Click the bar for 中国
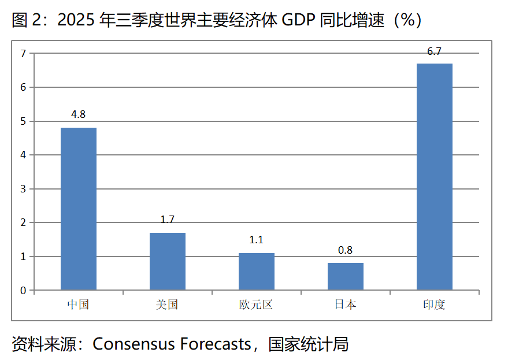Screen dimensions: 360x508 79,209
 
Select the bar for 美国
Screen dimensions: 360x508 168,261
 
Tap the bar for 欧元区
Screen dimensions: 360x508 257,272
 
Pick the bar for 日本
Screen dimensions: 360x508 346,276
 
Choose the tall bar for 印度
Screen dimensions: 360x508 435,176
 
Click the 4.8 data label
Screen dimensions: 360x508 79,114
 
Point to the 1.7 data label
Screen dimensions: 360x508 168,220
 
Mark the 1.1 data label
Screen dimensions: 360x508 257,240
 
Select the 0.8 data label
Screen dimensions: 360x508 346,250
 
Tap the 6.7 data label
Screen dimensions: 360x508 435,51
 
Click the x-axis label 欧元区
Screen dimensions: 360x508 257,305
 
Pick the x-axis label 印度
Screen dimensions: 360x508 435,305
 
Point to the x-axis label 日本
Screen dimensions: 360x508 346,305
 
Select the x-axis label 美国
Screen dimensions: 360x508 168,305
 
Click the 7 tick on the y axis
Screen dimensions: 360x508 24,54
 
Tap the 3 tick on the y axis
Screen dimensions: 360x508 24,189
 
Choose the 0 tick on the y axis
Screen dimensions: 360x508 24,291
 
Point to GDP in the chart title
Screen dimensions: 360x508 297,21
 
